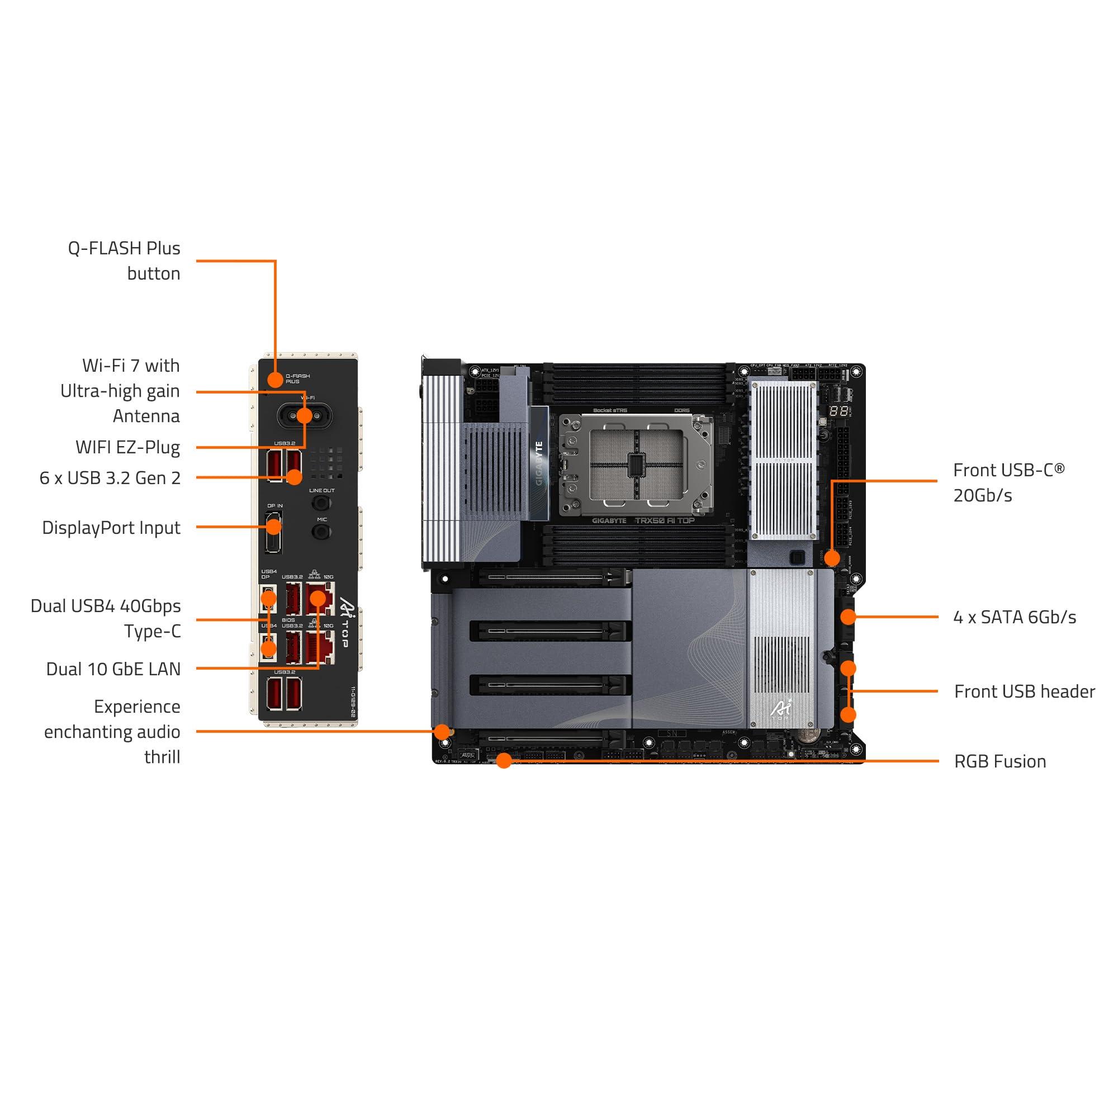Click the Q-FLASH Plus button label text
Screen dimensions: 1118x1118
coord(124,260)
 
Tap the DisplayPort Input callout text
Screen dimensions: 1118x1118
coord(111,528)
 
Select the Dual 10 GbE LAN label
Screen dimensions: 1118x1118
coord(113,669)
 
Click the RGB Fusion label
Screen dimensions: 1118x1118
coord(1000,761)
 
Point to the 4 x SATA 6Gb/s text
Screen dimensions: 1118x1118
coord(1015,617)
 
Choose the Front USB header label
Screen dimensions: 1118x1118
coord(1024,691)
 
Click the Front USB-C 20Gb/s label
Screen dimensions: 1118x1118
coord(1008,482)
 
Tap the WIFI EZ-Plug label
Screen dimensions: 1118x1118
coord(127,447)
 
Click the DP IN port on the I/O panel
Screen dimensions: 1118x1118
coord(273,531)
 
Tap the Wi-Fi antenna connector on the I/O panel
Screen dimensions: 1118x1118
coord(305,415)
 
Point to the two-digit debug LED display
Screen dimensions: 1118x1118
coord(839,411)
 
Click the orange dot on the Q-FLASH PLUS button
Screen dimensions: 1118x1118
coord(276,380)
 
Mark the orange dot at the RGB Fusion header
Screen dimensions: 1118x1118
coord(504,760)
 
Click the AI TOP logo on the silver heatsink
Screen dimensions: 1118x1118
coord(781,709)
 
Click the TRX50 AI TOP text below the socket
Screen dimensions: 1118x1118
coord(664,520)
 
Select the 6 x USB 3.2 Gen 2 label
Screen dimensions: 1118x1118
coord(110,478)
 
